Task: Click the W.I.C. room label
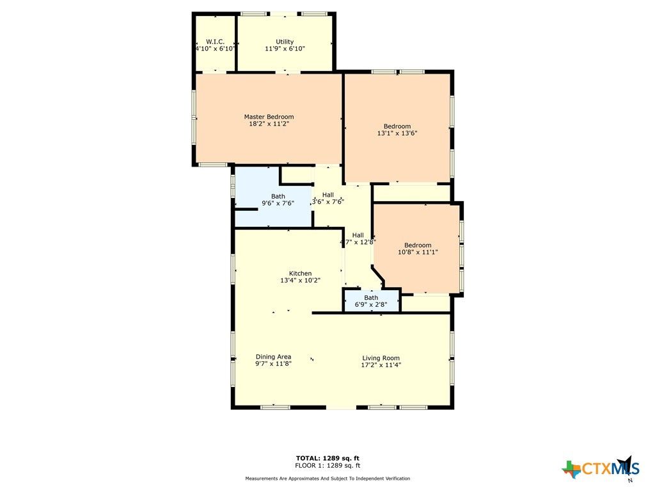[215, 42]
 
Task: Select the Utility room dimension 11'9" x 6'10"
[285, 49]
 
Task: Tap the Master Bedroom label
[269, 117]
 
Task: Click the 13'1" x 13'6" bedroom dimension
[397, 134]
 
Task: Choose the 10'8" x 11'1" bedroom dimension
[417, 252]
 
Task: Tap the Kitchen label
[300, 274]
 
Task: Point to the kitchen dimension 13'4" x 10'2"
[300, 281]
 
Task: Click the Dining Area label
[273, 357]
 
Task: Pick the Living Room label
[381, 358]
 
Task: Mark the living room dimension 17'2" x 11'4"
[381, 365]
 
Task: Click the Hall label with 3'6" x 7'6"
[327, 195]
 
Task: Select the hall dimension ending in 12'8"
[358, 242]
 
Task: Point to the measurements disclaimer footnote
[327, 479]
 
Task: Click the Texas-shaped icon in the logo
[571, 469]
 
